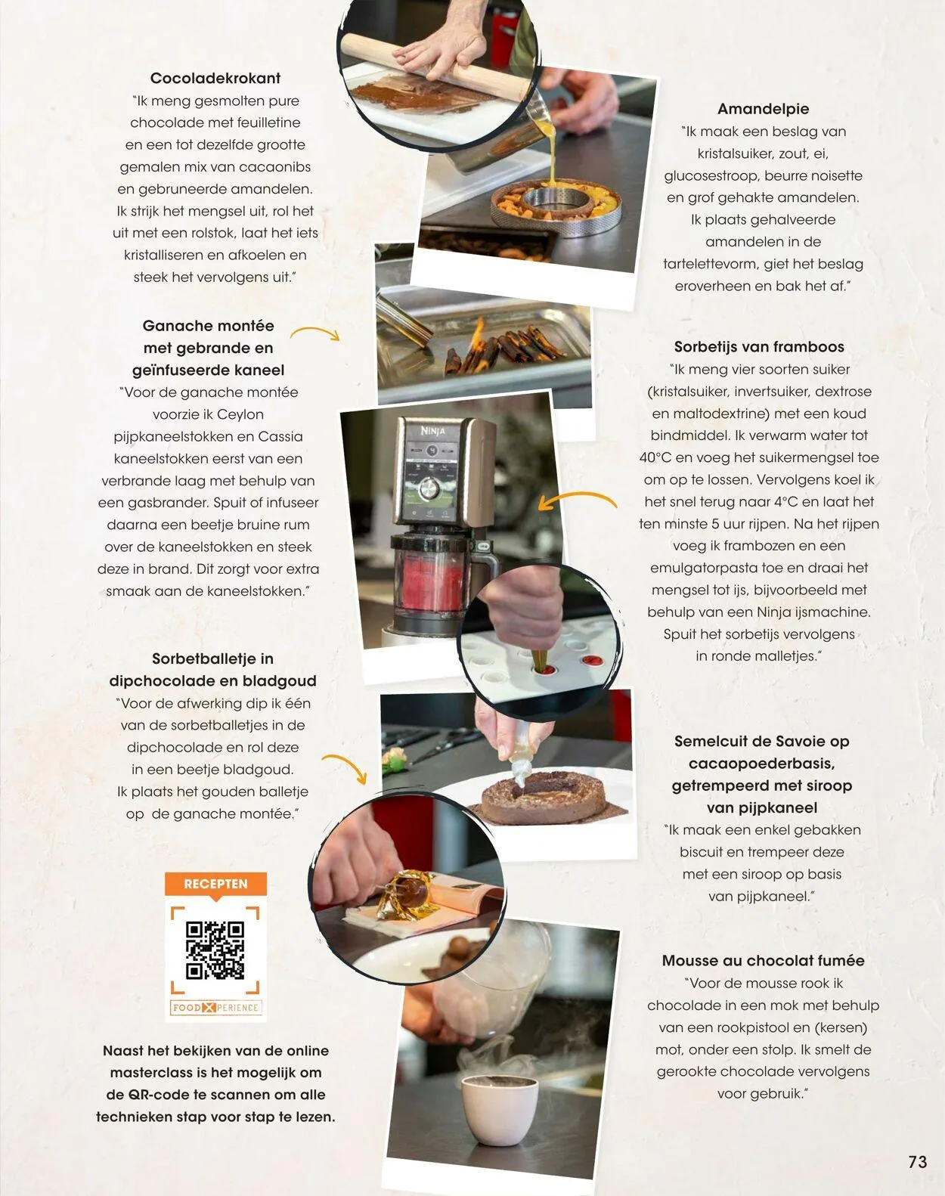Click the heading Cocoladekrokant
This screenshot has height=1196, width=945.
(x=215, y=79)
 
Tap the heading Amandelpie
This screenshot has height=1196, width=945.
(x=763, y=109)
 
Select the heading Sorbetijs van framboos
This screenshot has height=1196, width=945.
(x=759, y=347)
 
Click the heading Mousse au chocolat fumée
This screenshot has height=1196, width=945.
(x=763, y=961)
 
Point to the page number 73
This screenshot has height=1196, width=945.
(x=918, y=1162)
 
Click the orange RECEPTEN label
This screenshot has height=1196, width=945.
(x=215, y=884)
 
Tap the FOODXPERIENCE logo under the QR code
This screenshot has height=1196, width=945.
(x=215, y=1008)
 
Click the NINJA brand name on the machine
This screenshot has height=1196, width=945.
(x=432, y=431)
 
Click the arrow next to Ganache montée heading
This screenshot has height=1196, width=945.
(x=315, y=333)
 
